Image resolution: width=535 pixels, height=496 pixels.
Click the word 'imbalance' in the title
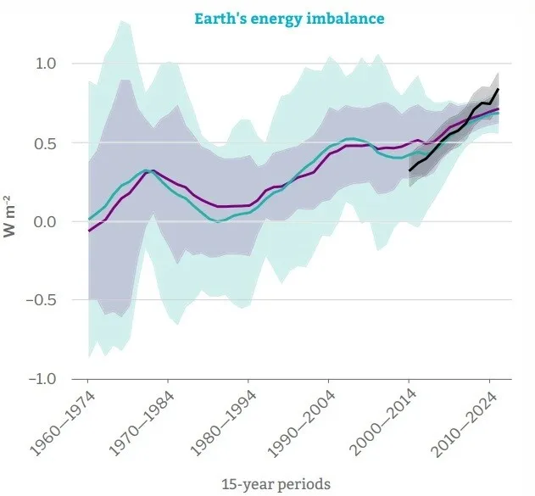(x=326, y=18)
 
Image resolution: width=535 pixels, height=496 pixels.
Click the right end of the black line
(x=499, y=89)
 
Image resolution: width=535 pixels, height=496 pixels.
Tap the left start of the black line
(x=409, y=171)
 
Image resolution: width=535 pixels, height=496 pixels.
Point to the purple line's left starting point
(x=88, y=231)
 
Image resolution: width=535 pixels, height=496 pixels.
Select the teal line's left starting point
(x=88, y=219)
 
